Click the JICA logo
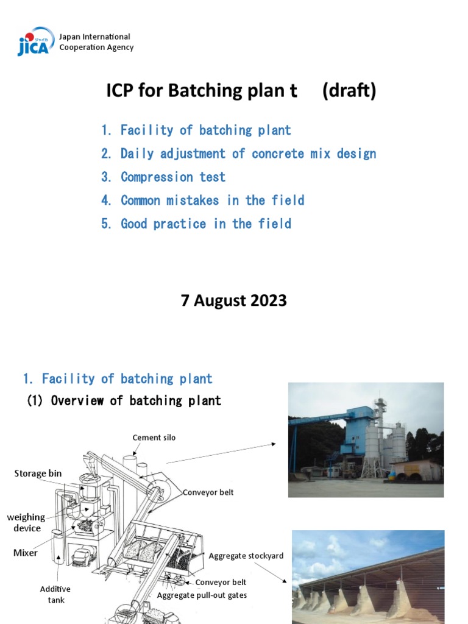[35, 41]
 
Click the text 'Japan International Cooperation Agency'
[96, 42]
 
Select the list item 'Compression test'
[172, 177]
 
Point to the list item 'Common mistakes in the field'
[212, 200]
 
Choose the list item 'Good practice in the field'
[205, 224]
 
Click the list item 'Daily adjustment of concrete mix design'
[247, 154]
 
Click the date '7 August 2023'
[234, 300]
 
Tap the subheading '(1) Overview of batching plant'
[124, 400]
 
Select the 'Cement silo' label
[154, 438]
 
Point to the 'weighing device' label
[26, 523]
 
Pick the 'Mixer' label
[26, 553]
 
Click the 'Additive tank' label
[55, 594]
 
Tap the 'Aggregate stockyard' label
[246, 556]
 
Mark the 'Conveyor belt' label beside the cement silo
[208, 492]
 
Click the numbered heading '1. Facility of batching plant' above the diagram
[118, 378]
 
